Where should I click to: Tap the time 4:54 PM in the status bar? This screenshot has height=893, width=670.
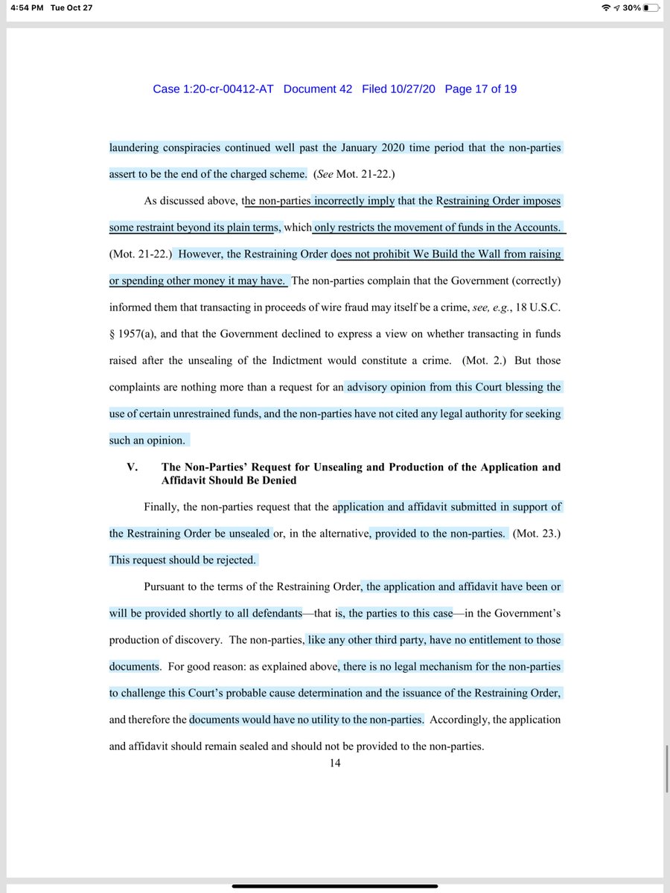[23, 7]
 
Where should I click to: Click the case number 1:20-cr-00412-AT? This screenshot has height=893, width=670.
[213, 89]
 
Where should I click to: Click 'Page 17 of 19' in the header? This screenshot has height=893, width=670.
[481, 89]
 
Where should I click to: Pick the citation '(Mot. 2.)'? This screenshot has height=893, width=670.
[485, 361]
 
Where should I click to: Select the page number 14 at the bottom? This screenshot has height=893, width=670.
[335, 762]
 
